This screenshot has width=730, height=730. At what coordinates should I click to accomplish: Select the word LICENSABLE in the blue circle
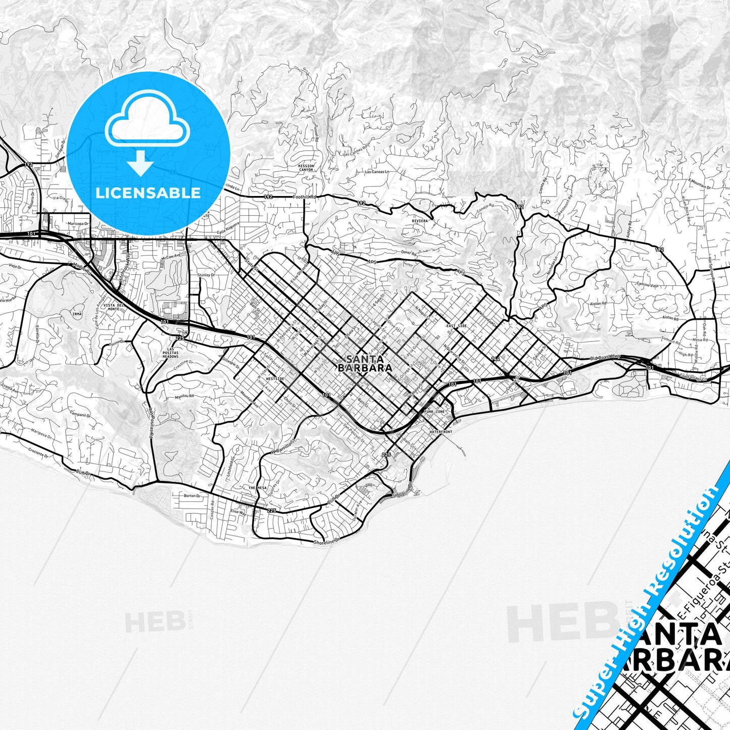pos(148,192)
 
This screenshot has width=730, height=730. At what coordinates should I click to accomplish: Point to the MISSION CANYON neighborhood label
pos(306,168)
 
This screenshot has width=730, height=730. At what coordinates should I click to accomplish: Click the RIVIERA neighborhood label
pos(419,221)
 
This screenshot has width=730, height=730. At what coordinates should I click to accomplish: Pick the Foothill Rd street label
pos(306,197)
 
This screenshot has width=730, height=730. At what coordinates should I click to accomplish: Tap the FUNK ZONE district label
pos(435,412)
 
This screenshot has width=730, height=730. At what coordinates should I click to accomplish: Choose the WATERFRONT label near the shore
pos(441,432)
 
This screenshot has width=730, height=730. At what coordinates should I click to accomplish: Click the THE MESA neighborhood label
pos(257,488)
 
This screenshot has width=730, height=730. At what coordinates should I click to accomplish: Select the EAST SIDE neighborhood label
pos(456,326)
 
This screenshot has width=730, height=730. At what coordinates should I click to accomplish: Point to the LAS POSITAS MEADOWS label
pos(170,353)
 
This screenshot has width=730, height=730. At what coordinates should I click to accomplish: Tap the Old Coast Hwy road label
pos(605,357)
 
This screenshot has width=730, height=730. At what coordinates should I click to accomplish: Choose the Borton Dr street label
pos(192,496)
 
